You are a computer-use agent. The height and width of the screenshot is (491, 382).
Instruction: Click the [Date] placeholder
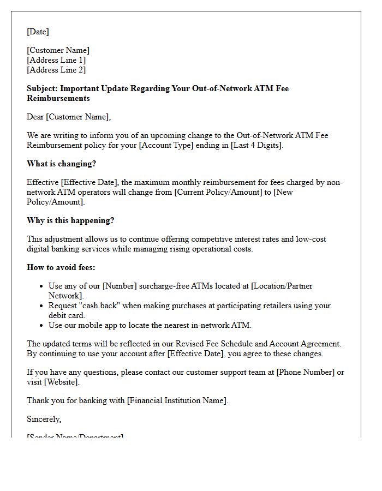pos(38,32)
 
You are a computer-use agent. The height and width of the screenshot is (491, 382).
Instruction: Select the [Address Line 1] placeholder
pos(56,60)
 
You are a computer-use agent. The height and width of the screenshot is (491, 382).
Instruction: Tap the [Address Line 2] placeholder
pos(56,70)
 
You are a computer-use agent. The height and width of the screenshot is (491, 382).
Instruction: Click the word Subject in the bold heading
pos(41,88)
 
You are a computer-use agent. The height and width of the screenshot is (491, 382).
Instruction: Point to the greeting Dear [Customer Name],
pos(69,117)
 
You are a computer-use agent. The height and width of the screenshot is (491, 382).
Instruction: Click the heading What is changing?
pos(61,164)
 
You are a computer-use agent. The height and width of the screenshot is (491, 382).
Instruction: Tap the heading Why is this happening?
pos(70,220)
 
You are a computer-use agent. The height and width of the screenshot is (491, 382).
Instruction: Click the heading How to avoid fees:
pos(61,267)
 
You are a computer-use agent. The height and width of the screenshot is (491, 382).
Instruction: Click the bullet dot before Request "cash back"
pos(43,306)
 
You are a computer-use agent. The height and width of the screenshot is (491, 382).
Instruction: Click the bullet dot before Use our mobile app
pos(43,326)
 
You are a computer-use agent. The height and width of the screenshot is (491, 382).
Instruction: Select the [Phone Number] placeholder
pos(306,372)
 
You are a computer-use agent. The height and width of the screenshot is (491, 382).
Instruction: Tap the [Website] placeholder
pos(61,382)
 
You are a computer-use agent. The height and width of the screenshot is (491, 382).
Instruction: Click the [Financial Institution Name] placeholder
pos(177,400)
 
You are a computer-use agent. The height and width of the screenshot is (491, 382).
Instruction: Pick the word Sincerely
pos(44,419)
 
